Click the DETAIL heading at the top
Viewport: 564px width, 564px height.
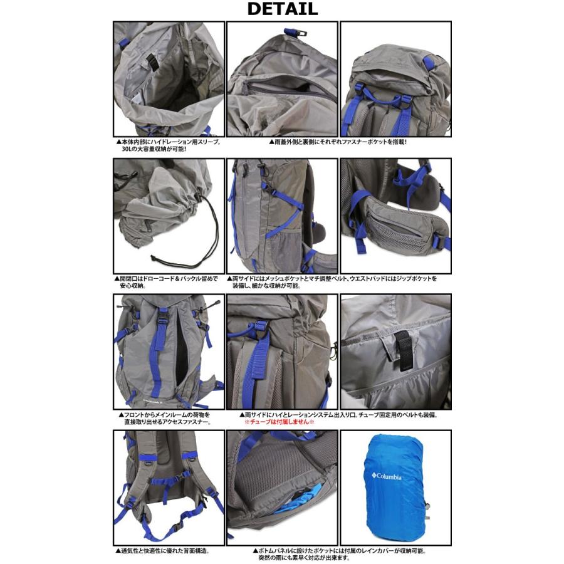point(282,9)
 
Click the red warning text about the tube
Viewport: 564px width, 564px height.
point(279,422)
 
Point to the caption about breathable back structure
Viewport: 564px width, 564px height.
point(163,551)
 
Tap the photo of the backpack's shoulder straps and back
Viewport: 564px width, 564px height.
point(168,486)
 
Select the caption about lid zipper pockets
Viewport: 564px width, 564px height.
point(338,142)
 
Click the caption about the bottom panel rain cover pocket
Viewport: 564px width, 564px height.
point(338,555)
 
